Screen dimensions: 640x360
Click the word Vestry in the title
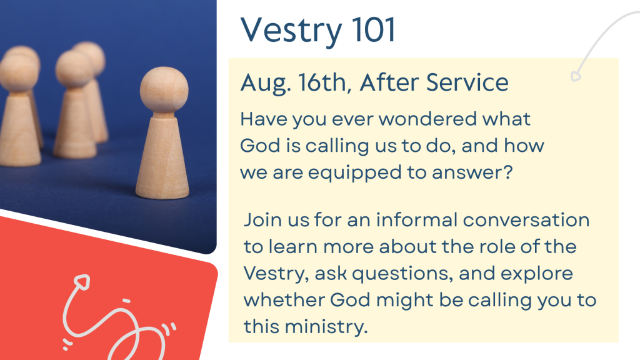[291, 31]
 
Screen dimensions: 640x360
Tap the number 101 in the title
[374, 29]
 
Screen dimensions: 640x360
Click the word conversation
[526, 220]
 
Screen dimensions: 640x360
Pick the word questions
[402, 274]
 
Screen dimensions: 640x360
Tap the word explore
[537, 274]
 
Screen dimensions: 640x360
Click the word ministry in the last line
[326, 326]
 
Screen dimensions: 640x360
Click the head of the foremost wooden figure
[164, 90]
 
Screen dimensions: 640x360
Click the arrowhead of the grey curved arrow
[576, 76]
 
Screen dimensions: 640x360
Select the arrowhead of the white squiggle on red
[82, 282]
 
